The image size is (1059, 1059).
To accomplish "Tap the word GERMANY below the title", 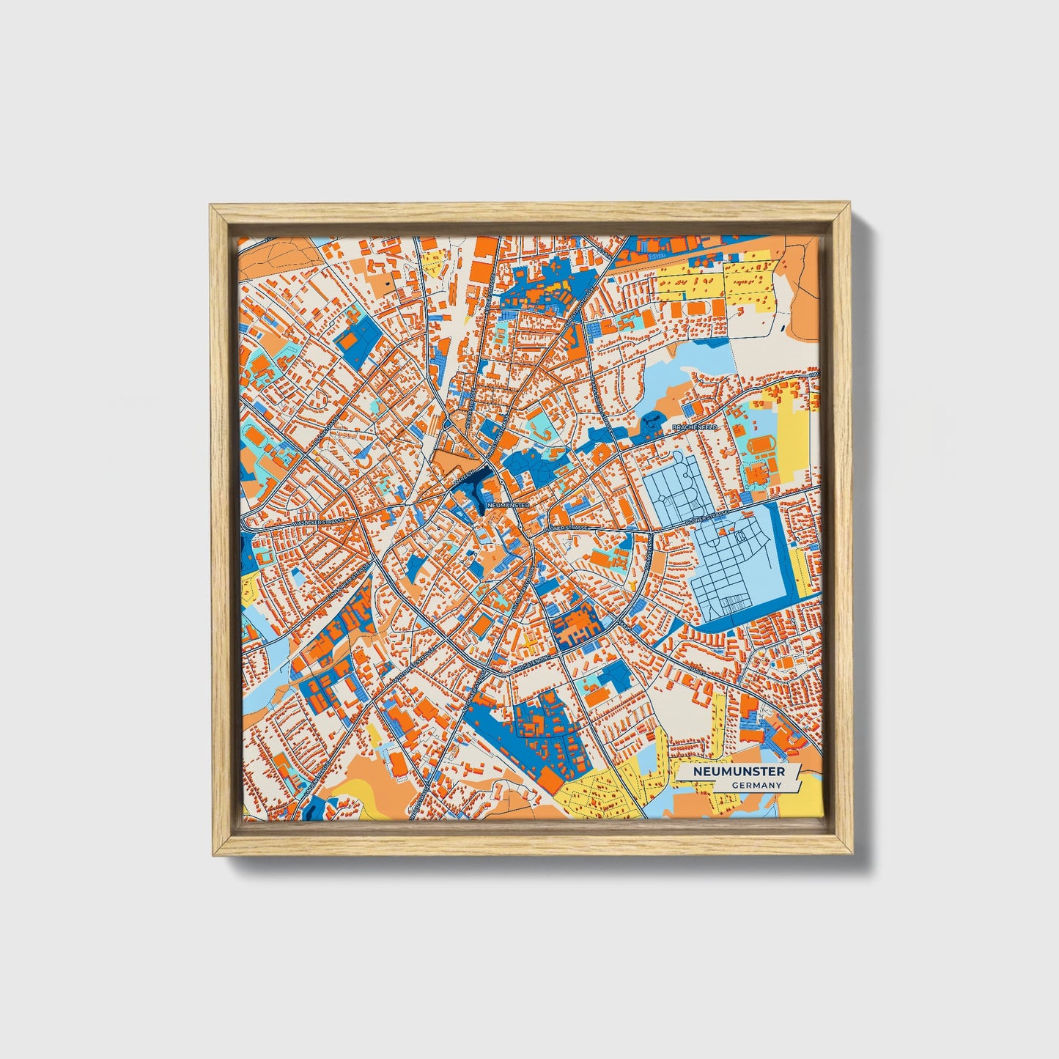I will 756,785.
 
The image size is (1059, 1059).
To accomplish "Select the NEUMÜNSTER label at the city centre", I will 506,505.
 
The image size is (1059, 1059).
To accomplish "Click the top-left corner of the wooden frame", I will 210,206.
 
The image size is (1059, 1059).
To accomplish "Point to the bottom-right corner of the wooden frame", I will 852,855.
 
